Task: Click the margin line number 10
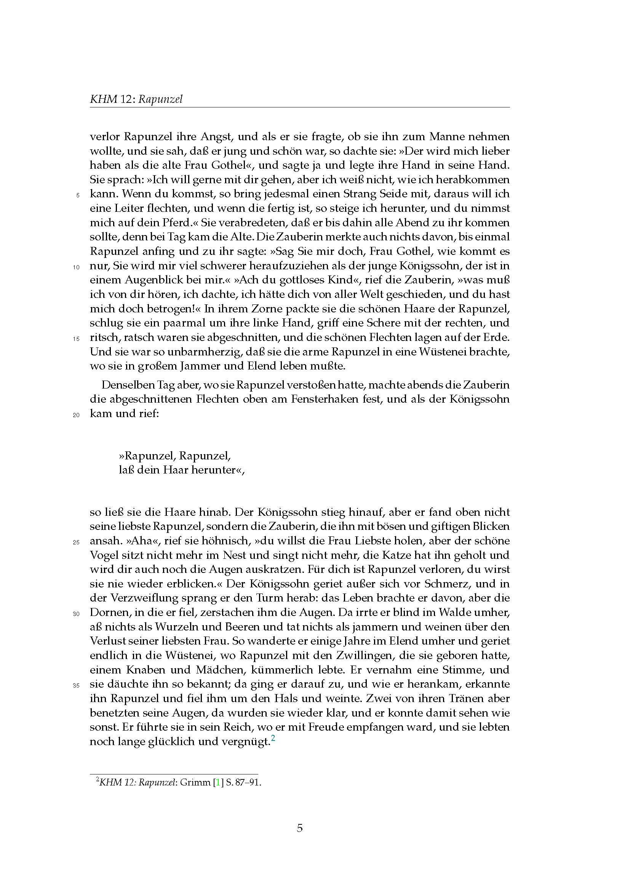point(76,267)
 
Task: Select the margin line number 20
point(76,415)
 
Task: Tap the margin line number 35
point(76,685)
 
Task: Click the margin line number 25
point(76,542)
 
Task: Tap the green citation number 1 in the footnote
point(217,783)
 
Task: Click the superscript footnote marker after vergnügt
point(273,739)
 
